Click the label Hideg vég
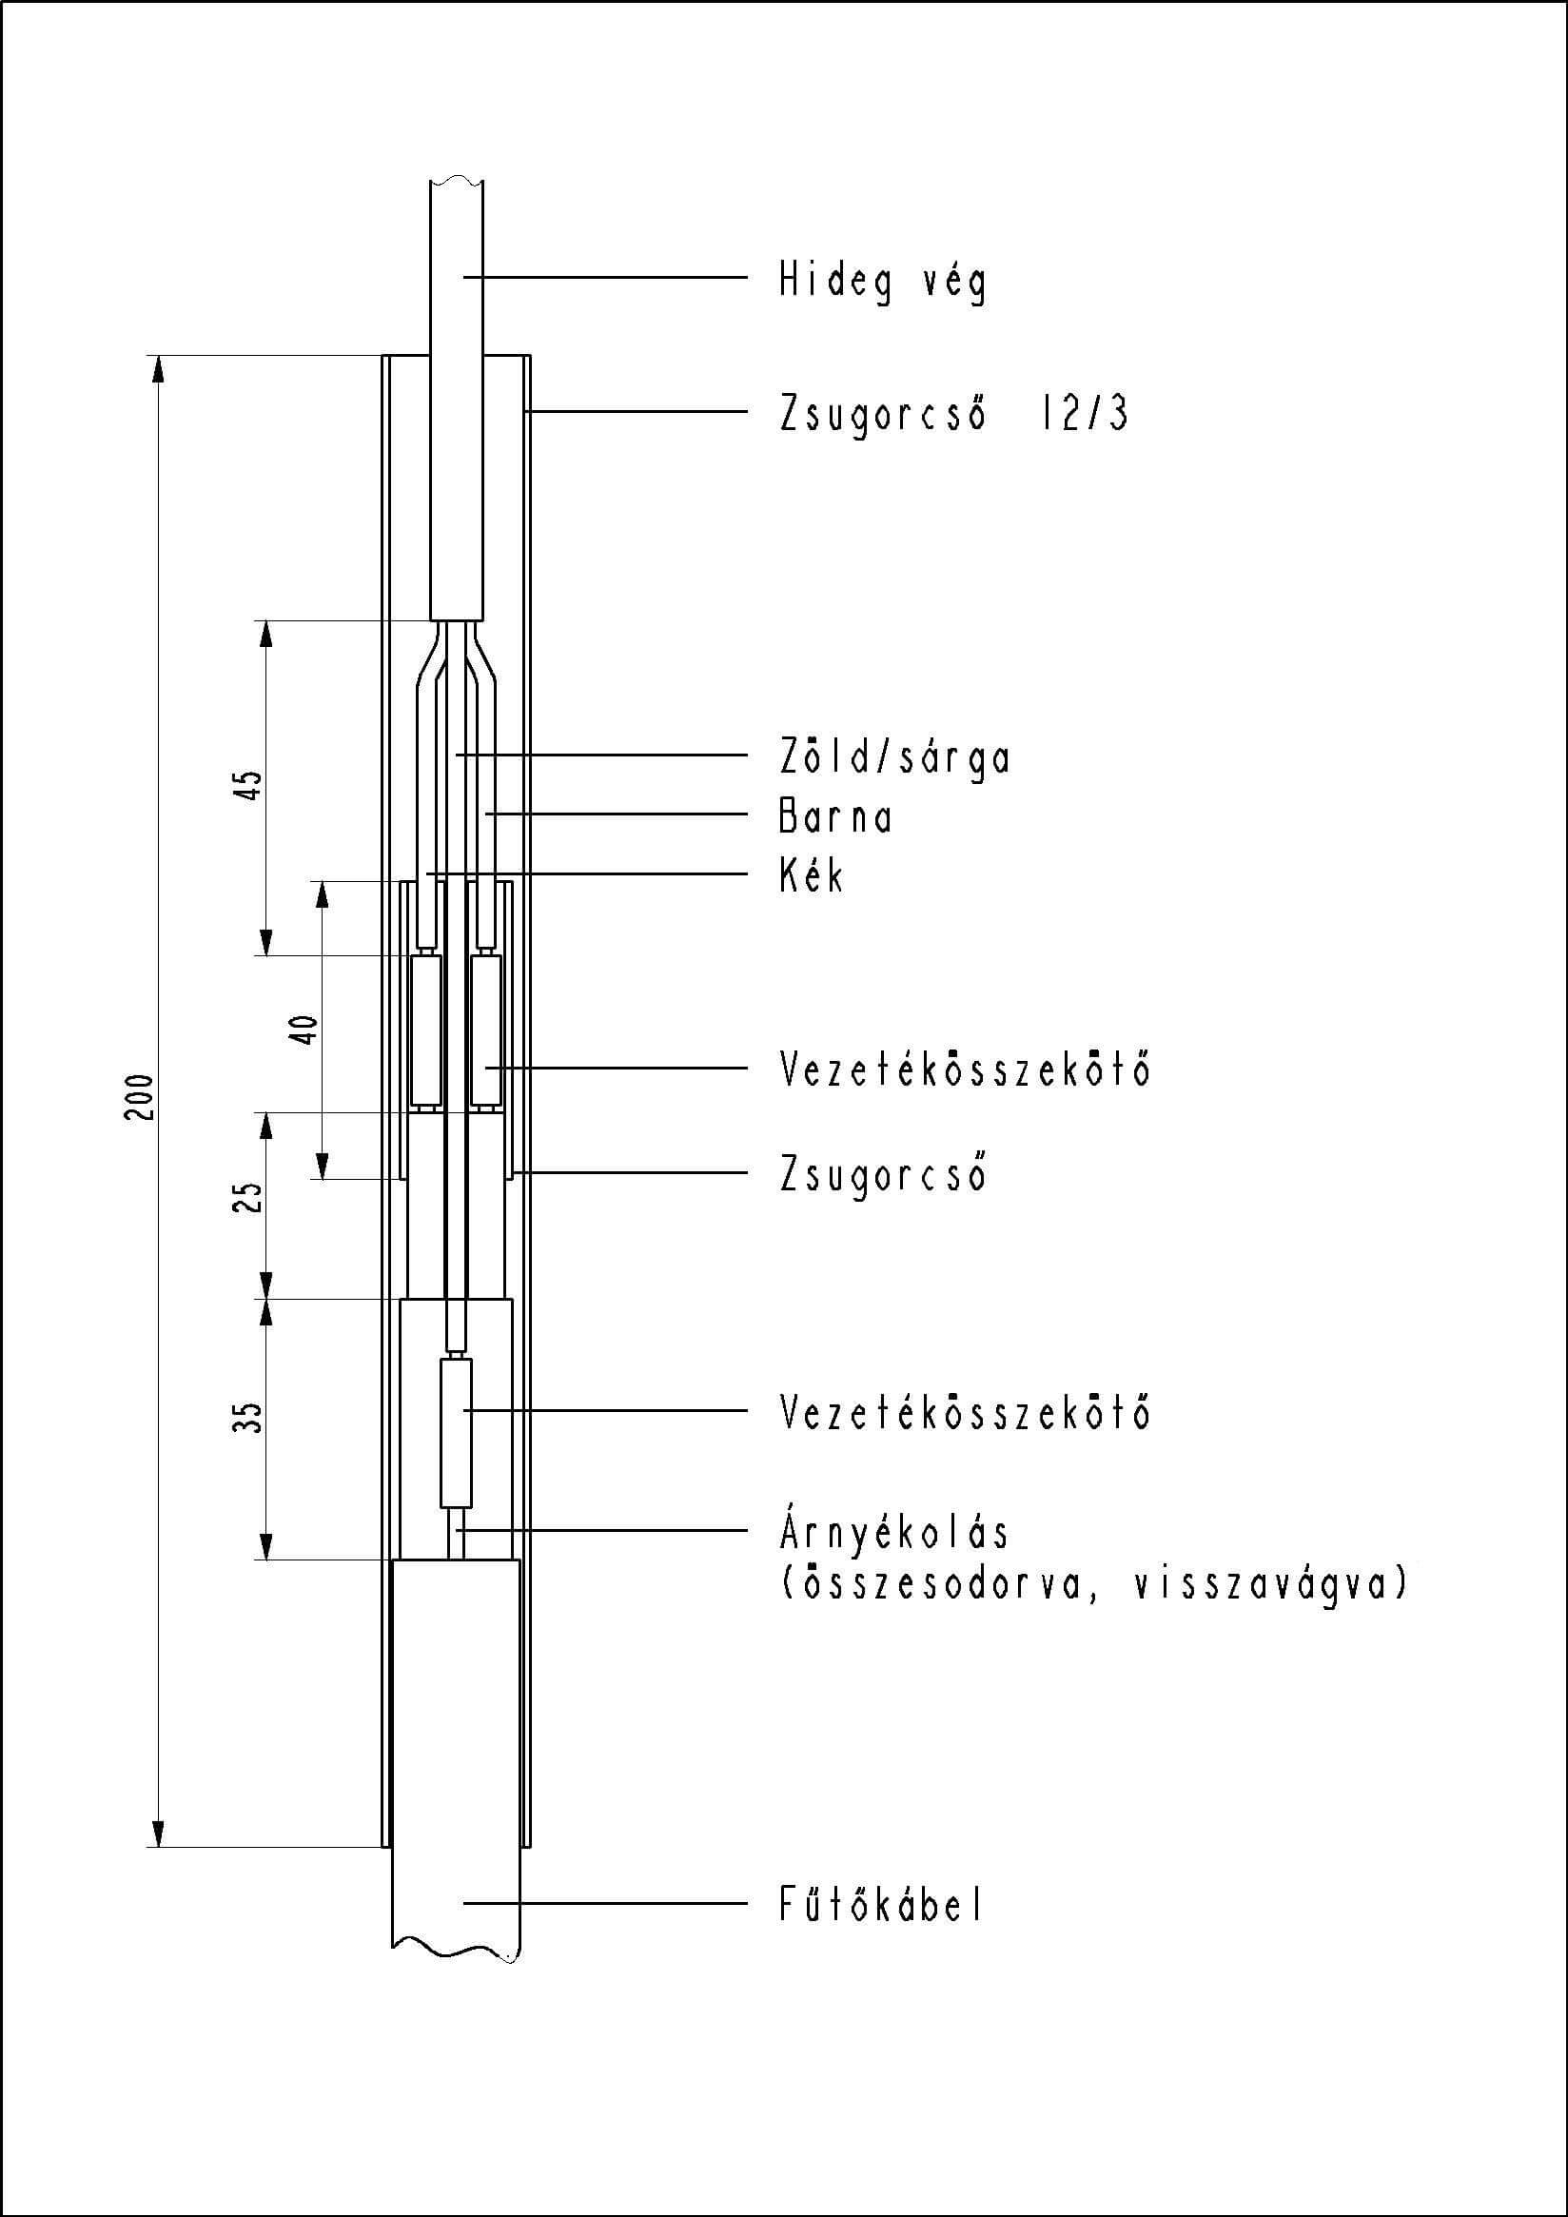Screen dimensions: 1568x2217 coord(883,282)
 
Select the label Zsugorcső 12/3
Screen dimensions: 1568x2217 coord(953,413)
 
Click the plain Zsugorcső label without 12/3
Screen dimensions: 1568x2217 coord(883,1173)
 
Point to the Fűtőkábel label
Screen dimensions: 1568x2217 coord(880,1905)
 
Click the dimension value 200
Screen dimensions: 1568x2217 coord(141,1097)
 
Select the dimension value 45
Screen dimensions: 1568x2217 coord(248,785)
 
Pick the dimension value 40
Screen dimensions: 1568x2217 coord(304,1030)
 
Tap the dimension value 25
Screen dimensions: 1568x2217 coord(248,1197)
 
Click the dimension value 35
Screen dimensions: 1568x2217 coord(248,1418)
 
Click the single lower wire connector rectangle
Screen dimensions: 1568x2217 coord(457,1433)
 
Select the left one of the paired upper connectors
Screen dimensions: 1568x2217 coord(426,1030)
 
